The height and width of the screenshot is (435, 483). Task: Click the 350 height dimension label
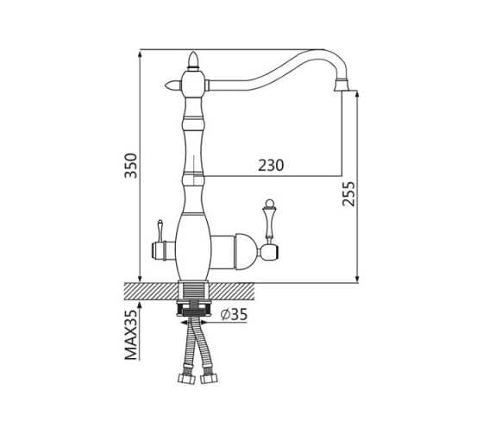point(130,166)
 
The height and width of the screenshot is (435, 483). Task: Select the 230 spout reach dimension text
point(271,165)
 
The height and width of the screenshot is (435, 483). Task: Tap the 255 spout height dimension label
point(348,194)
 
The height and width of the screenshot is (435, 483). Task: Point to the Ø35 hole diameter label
point(234,314)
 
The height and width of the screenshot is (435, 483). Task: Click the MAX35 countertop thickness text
point(130,335)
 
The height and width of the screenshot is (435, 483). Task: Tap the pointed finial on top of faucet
point(193,60)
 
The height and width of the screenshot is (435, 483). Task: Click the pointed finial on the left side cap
point(173,85)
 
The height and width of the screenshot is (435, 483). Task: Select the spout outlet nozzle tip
point(342,85)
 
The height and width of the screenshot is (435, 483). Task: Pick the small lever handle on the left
point(160,231)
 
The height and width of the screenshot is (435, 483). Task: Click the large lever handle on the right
point(269,219)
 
